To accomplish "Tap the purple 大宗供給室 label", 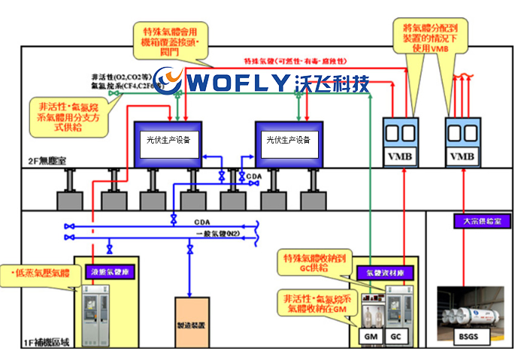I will point(471,222).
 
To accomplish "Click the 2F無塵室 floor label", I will point(46,160).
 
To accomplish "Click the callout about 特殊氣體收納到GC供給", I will point(315,262).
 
